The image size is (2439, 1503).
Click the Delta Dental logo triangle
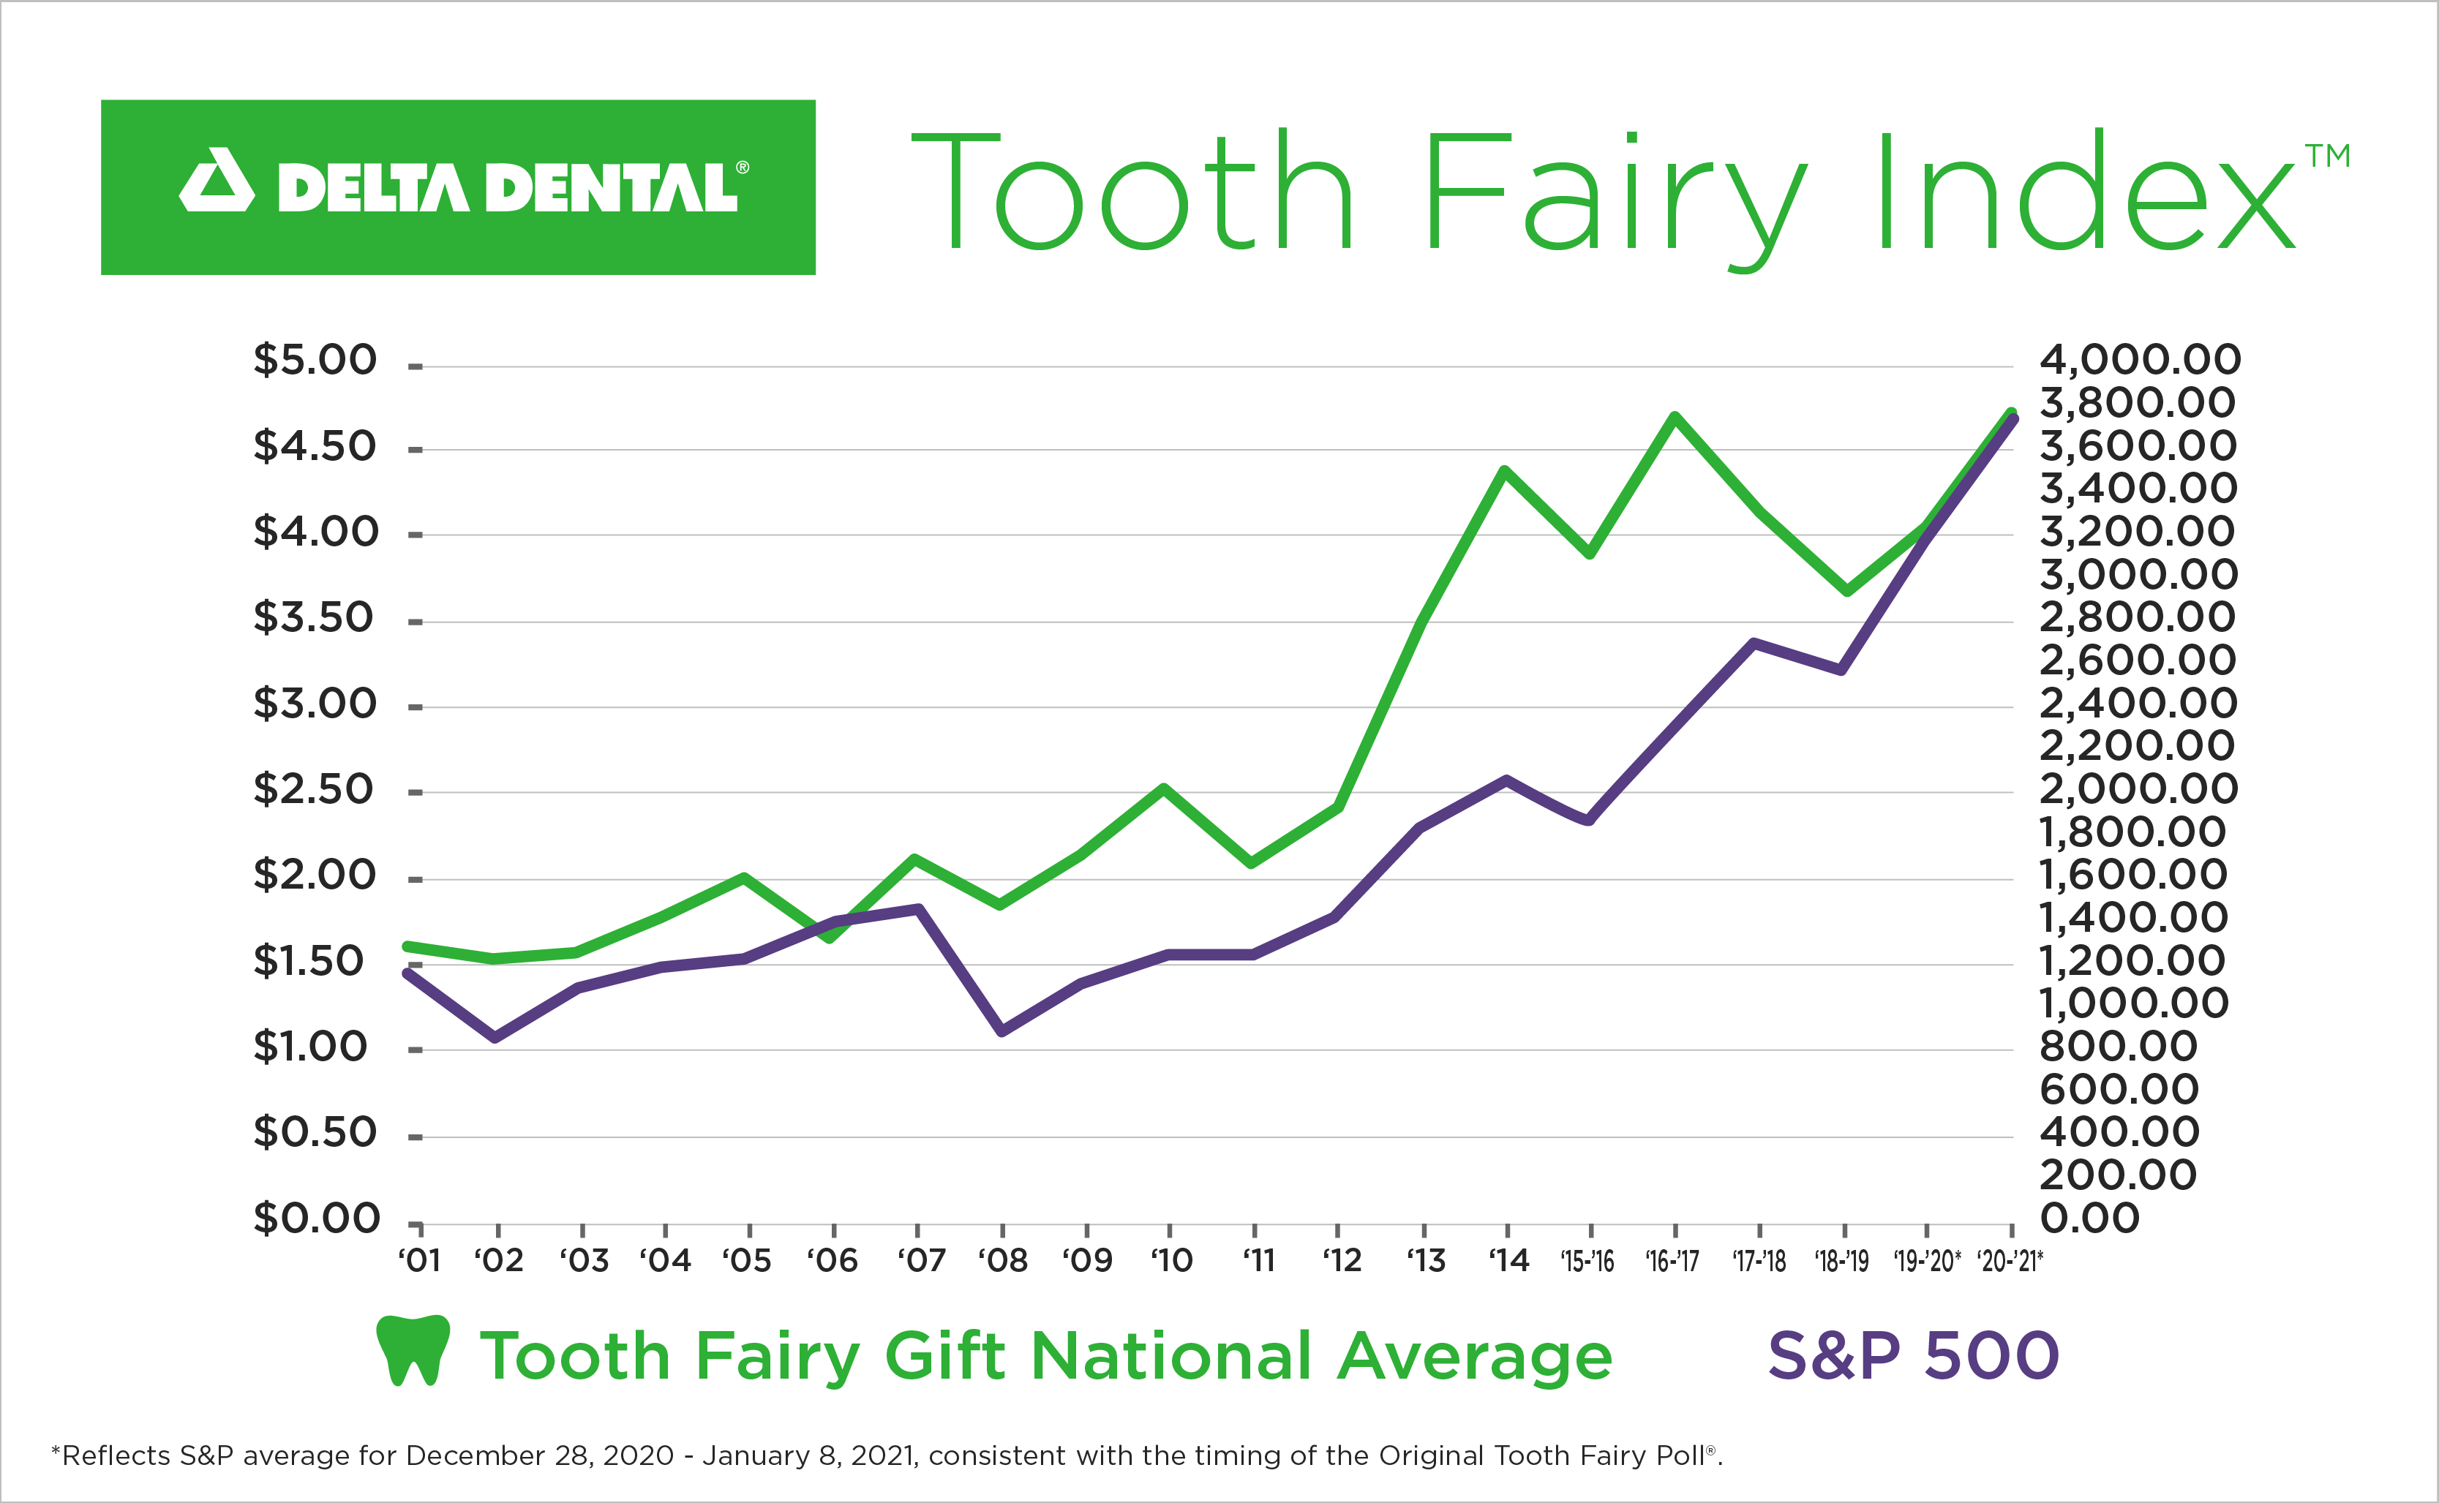217,184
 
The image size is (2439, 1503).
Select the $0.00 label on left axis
316,1218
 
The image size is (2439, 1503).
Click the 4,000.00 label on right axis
2140,360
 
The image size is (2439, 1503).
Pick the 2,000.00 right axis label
2138,789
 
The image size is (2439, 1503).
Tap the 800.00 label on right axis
2118,1046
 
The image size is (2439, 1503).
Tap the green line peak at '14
1506,470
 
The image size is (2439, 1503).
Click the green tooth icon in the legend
413,1350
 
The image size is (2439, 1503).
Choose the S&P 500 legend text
1912,1356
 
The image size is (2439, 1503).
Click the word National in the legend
1171,1356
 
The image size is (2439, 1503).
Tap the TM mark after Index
2328,157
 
